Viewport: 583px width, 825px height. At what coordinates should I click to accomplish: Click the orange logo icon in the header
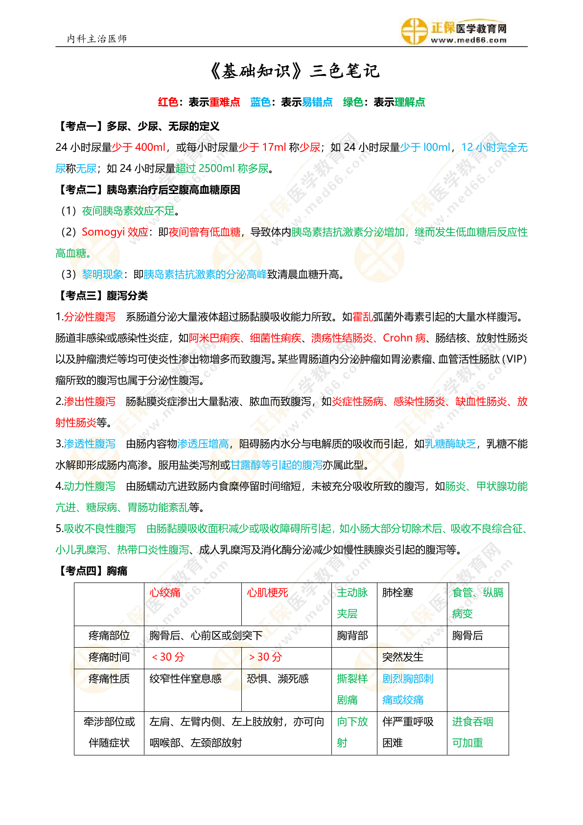[x=414, y=31]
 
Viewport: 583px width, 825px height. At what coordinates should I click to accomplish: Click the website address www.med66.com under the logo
[x=468, y=41]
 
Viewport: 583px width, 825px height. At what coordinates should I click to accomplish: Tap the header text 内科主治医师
[x=97, y=39]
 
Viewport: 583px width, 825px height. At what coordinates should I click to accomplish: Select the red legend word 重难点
[x=225, y=102]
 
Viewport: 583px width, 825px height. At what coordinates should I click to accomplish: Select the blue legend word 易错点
[x=317, y=102]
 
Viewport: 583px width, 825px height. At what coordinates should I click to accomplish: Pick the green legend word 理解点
[x=410, y=102]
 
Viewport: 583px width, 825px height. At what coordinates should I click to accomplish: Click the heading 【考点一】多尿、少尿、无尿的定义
[x=138, y=126]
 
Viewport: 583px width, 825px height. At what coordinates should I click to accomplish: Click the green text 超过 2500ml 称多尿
[x=222, y=169]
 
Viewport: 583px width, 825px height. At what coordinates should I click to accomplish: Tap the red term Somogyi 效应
[x=115, y=232]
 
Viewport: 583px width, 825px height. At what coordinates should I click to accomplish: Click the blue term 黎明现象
[x=102, y=274]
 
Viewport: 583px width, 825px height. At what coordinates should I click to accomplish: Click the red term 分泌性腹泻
[x=90, y=317]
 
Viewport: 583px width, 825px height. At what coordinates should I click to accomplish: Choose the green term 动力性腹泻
[x=90, y=486]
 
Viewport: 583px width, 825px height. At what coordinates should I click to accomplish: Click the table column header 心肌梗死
[x=267, y=593]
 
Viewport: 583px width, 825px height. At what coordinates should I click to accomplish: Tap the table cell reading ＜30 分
[x=167, y=657]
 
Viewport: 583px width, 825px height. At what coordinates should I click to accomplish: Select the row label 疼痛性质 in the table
[x=109, y=679]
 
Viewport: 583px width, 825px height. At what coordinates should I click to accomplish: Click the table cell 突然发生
[x=403, y=657]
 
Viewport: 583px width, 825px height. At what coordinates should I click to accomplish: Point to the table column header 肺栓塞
[x=397, y=593]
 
